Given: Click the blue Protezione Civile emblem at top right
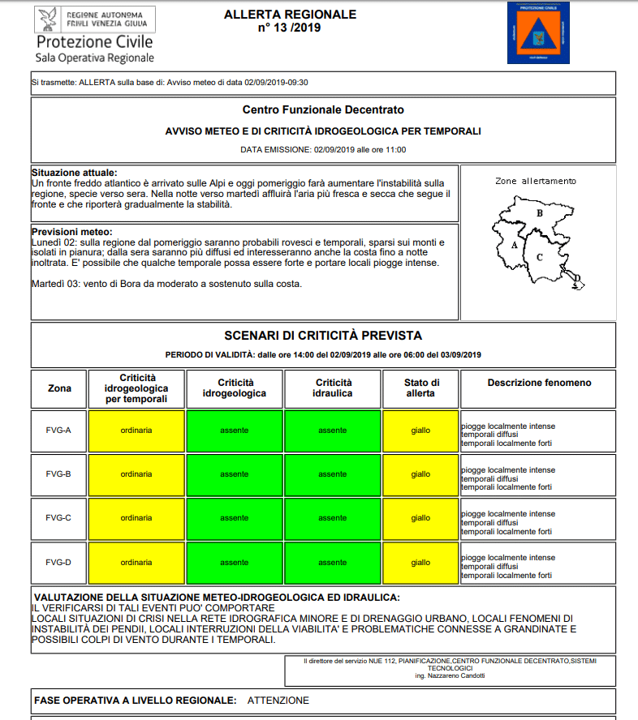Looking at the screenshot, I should click(538, 32).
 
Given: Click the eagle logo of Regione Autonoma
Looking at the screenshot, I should click(48, 20).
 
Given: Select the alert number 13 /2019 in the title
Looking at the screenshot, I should click(290, 28).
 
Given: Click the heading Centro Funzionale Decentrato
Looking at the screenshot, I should click(322, 109).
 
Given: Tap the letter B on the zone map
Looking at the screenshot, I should click(539, 213).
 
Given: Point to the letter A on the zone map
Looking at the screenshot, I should click(515, 243).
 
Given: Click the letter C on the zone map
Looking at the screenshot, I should click(540, 256).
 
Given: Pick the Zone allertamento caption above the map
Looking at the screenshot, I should click(536, 181).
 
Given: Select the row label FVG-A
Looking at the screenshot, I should click(58, 430).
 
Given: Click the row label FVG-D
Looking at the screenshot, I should click(58, 562).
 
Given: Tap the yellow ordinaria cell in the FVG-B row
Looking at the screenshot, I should click(136, 474).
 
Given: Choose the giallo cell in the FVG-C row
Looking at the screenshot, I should click(420, 517).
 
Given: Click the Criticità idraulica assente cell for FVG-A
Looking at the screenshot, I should click(332, 430).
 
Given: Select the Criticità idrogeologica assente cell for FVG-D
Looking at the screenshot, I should click(235, 562).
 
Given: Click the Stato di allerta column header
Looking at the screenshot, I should click(421, 388).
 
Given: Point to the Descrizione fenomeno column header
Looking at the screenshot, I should click(539, 383).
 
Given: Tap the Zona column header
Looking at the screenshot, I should click(59, 388).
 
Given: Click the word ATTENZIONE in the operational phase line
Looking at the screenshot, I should click(278, 700).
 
